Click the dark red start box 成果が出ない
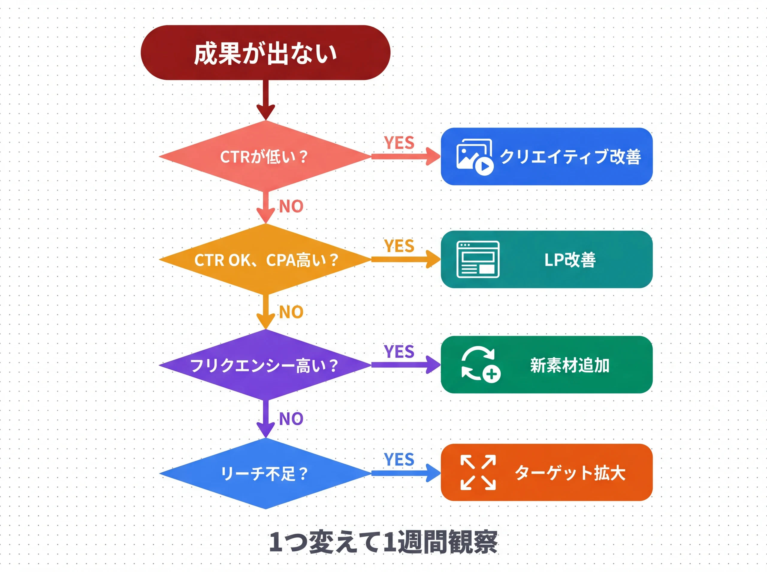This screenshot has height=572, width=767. point(265,53)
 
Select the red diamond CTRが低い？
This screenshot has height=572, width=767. point(265,157)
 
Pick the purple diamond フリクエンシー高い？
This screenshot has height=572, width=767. point(265,365)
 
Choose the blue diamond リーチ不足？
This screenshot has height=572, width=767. point(265,473)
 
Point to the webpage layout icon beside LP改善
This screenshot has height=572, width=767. point(478,259)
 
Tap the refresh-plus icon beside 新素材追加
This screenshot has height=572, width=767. point(481,365)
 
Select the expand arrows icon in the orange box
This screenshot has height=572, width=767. point(478,473)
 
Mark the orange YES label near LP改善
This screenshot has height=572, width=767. point(399,246)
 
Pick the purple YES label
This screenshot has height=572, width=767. point(399,351)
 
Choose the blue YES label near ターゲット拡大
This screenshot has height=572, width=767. point(399,459)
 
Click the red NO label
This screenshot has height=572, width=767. point(291,206)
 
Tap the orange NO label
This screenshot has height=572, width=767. point(291,312)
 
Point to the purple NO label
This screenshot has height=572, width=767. point(291,419)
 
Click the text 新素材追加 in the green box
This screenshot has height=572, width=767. point(570,365)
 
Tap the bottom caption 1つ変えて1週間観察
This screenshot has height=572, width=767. point(383,542)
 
